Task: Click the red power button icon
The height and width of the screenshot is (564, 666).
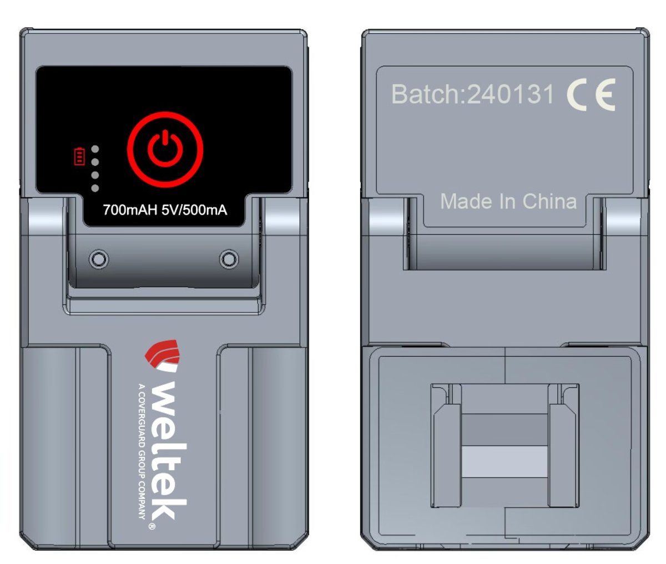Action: pyautogui.click(x=165, y=149)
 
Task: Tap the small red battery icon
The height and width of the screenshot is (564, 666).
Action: pyautogui.click(x=79, y=156)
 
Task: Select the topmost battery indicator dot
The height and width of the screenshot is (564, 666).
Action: pyautogui.click(x=95, y=149)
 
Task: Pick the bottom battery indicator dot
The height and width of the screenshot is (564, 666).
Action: pyautogui.click(x=95, y=189)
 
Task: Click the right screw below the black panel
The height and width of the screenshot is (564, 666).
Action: pyautogui.click(x=229, y=258)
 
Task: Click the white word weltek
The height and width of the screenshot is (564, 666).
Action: pyautogui.click(x=169, y=449)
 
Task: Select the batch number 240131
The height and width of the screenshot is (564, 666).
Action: pyautogui.click(x=510, y=94)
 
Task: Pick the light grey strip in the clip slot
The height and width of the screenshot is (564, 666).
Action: pyautogui.click(x=505, y=461)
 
